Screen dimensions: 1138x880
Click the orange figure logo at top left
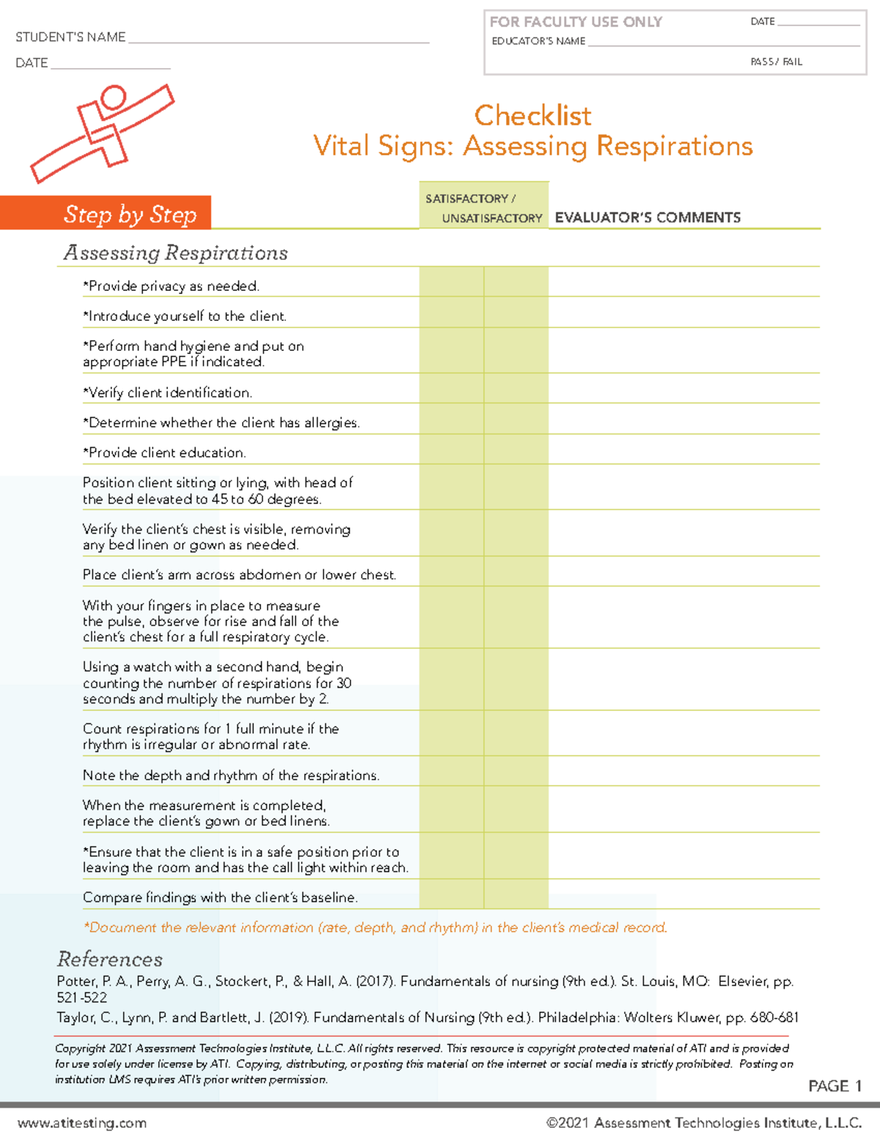click(103, 132)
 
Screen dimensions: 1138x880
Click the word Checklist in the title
click(532, 116)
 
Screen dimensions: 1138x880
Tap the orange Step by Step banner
click(130, 214)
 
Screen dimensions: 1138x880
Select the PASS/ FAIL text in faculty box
click(776, 62)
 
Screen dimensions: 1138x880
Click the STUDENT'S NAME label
click(70, 37)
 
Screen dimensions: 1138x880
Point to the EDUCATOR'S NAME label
click(538, 42)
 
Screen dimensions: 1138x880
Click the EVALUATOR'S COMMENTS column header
click(648, 218)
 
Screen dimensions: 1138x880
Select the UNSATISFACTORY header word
click(492, 218)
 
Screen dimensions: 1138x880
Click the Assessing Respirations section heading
click(175, 253)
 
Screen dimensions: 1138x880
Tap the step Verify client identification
click(167, 393)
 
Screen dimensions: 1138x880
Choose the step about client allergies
click(221, 423)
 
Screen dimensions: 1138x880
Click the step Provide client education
click(164, 453)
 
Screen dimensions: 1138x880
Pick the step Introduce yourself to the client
click(184, 317)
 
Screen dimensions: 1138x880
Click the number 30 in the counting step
click(344, 683)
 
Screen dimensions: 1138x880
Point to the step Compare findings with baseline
click(220, 898)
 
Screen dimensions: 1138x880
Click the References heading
click(110, 959)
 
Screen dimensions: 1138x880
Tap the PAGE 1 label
click(835, 1086)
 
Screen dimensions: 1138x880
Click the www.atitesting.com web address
click(82, 1123)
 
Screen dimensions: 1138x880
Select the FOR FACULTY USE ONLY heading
click(576, 22)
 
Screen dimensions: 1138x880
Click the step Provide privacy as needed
click(171, 287)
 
